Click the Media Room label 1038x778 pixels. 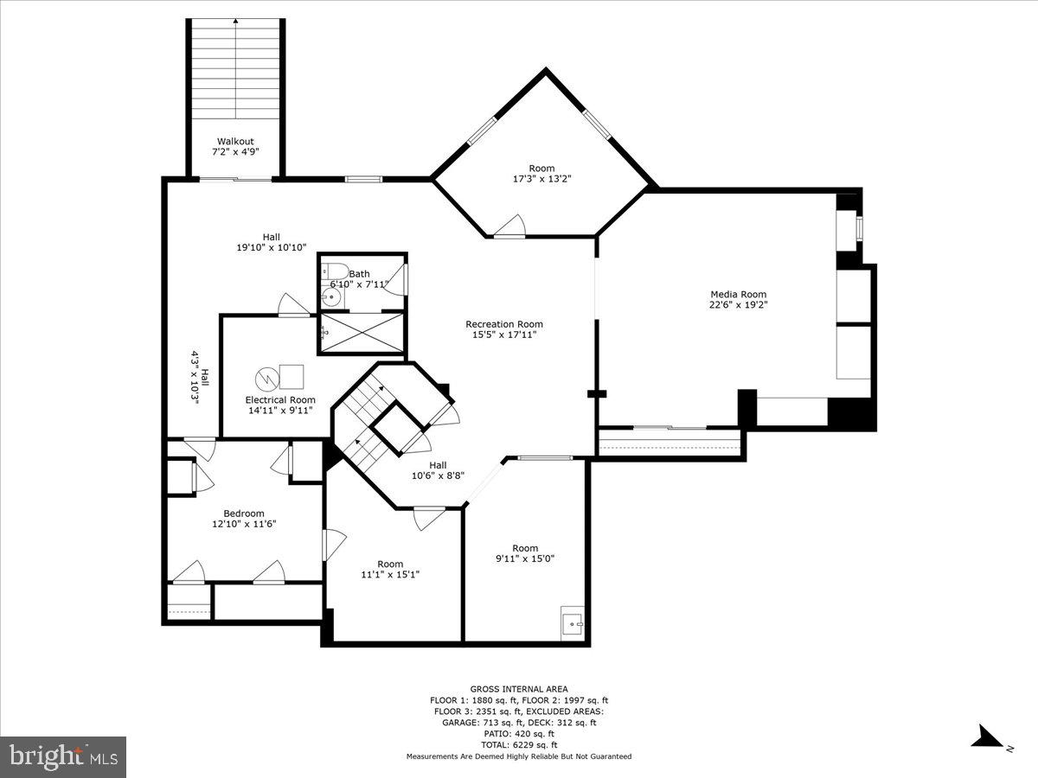738,295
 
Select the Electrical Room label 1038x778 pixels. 279,400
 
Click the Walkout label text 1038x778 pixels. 235,141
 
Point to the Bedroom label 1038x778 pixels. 244,513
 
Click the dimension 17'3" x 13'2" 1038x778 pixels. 541,179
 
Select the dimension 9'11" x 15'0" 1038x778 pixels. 525,558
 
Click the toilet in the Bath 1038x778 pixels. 336,270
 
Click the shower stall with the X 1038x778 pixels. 362,333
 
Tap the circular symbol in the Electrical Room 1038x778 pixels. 266,378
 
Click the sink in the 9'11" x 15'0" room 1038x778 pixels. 572,622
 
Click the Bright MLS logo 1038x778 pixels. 63,757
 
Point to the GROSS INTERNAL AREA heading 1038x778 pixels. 519,689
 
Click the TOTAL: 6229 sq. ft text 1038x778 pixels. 519,745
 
